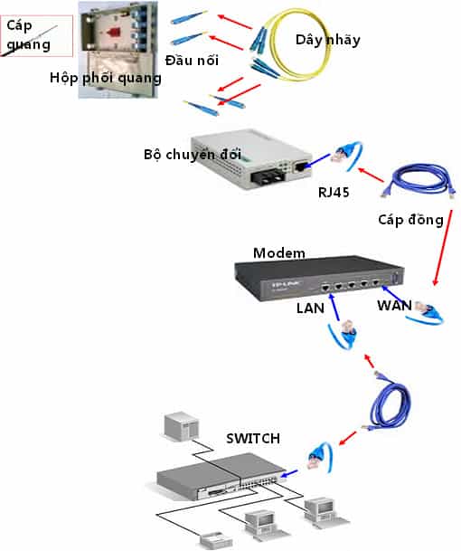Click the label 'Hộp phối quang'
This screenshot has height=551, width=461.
pyautogui.click(x=107, y=78)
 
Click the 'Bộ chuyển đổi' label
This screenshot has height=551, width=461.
pyautogui.click(x=184, y=153)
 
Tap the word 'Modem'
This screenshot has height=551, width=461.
pyautogui.click(x=279, y=252)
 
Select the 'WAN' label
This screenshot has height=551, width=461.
pyautogui.click(x=395, y=307)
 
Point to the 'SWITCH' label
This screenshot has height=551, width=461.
pyautogui.click(x=253, y=439)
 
